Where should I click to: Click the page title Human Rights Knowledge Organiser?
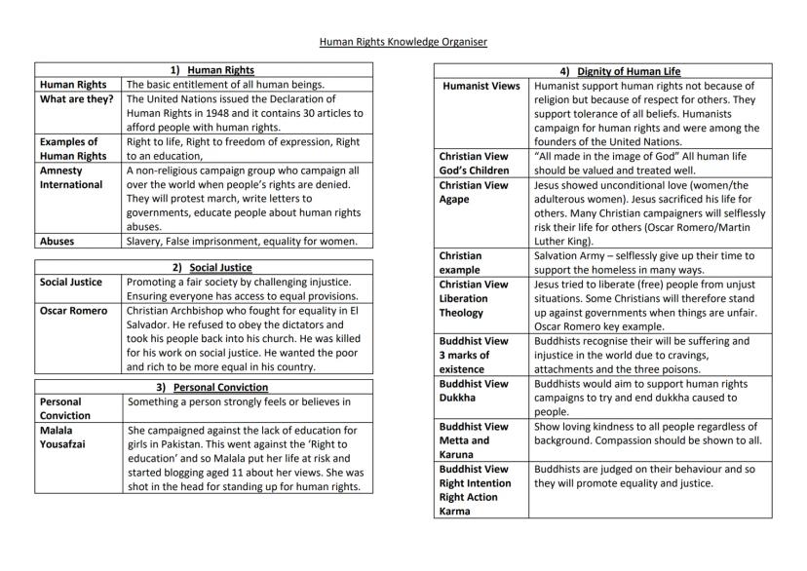point(403,42)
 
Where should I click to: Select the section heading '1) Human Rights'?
point(204,70)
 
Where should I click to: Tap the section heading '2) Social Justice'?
point(204,267)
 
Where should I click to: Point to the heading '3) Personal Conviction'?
point(204,387)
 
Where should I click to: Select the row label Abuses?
point(58,241)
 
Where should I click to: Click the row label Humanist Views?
point(480,86)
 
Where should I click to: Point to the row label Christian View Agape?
point(474,192)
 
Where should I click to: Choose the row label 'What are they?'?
point(76,98)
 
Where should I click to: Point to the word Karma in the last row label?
point(454,511)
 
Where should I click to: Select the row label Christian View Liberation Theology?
point(474,298)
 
